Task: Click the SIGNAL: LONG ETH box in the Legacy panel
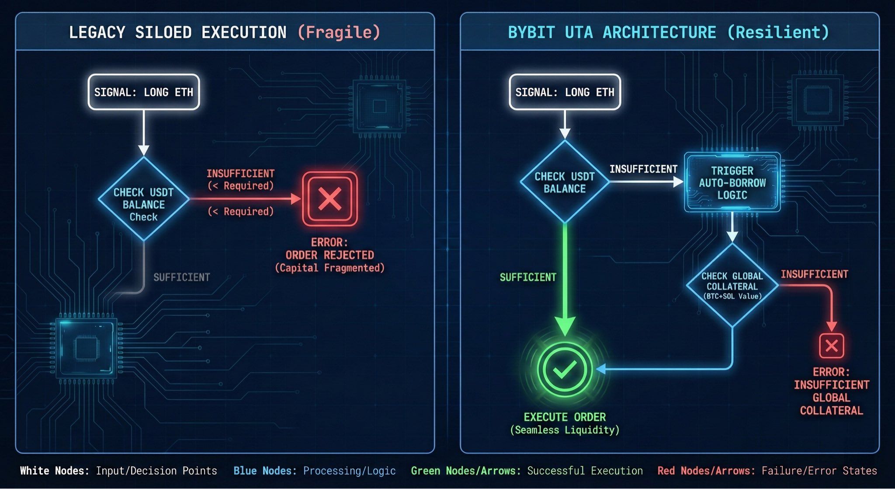143,92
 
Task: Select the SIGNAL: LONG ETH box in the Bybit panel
565,92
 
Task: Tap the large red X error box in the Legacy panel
330,199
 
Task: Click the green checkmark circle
565,370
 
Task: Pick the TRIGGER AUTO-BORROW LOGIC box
732,182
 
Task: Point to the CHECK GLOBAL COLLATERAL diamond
732,285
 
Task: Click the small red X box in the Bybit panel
831,346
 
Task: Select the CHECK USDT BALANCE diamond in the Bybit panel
565,182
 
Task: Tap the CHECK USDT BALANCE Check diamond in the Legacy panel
143,199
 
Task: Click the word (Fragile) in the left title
339,32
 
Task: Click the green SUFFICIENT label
528,277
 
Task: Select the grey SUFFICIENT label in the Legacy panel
181,277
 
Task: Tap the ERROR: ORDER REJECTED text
330,249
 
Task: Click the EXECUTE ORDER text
565,417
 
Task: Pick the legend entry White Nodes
55,471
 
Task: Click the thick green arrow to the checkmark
565,280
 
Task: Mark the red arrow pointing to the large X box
245,199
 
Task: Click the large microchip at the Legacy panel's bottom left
87,348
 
